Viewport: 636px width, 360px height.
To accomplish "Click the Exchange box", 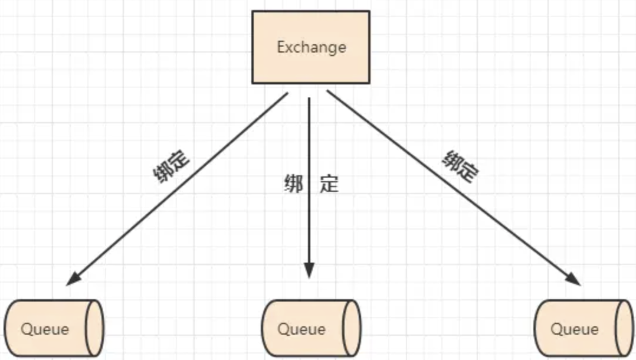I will click(311, 65).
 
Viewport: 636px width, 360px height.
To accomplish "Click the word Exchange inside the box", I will click(311, 47).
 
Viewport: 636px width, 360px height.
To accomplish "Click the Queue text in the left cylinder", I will click(45, 329).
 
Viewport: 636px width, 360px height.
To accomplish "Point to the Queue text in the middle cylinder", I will click(301, 329).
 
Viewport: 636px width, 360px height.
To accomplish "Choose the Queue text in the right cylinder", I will click(574, 329).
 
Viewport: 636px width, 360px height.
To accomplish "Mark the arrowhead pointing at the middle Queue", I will click(309, 271).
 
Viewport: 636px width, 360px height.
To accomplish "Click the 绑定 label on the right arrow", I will click(460, 166).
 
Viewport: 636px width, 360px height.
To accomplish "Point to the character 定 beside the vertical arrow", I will click(329, 184).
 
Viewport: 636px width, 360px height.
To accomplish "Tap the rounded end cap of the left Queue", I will click(95, 328).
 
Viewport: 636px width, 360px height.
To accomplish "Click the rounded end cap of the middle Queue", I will click(352, 328).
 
